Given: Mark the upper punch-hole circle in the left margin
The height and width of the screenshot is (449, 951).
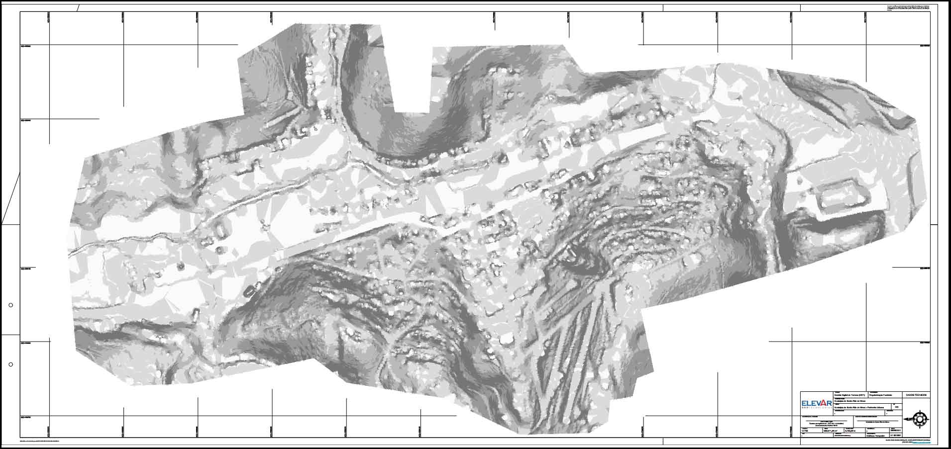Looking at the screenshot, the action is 11,305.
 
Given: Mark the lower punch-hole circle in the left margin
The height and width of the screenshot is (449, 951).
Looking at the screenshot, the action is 11,364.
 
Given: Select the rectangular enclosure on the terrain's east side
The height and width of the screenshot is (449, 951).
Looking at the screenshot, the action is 841,195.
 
